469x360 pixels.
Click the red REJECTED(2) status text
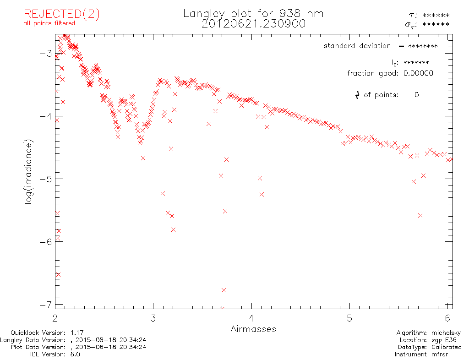(62, 14)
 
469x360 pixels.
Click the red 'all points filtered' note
(49, 23)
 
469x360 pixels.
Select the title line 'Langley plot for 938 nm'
(253, 13)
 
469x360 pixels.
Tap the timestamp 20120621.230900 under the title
(253, 24)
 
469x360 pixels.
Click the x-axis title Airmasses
(253, 329)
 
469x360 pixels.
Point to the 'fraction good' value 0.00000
(418, 73)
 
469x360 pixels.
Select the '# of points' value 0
(416, 95)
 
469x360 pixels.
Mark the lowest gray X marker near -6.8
(224, 290)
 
